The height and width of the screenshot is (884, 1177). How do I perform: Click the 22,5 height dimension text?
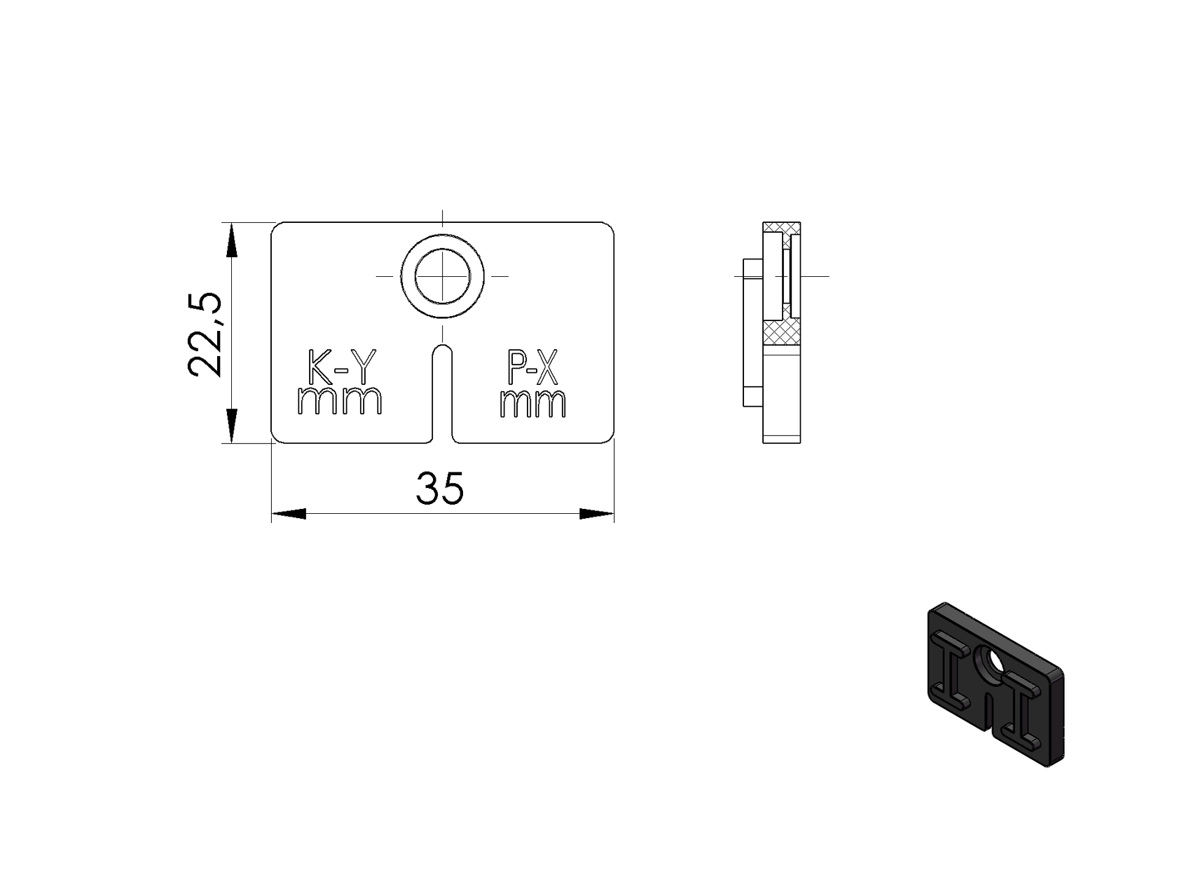point(205,334)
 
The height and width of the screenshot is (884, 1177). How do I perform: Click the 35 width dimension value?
point(440,489)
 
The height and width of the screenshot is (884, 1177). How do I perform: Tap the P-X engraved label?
point(532,368)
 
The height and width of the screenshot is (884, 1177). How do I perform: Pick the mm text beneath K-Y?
point(340,401)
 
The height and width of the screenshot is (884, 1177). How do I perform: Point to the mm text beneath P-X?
point(532,404)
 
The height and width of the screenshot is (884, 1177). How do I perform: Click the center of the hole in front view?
point(442,276)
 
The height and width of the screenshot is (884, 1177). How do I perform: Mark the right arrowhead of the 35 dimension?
point(597,514)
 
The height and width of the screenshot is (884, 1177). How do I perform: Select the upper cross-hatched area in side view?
point(783,228)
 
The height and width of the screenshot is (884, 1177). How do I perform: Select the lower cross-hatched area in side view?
point(783,333)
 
